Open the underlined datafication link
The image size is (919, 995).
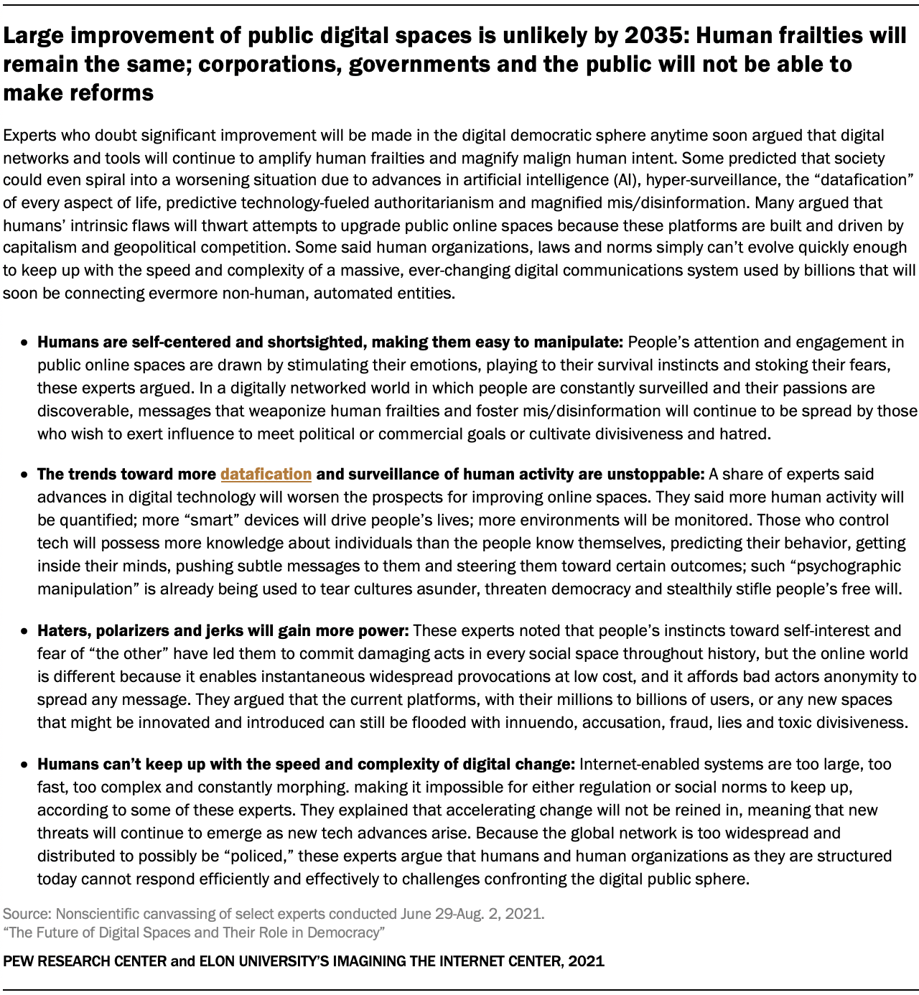pos(266,474)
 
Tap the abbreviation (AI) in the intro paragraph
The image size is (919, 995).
pos(622,179)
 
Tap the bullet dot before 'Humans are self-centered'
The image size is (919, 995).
pos(24,343)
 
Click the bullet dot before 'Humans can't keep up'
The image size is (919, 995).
pos(24,765)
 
